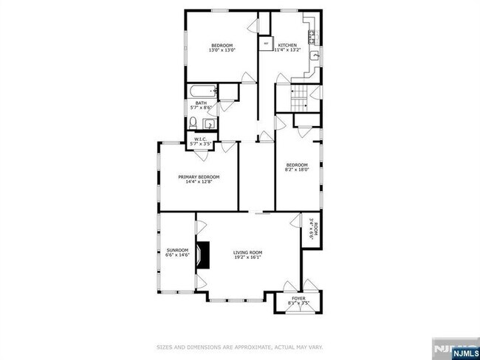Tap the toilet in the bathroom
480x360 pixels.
coord(193,122)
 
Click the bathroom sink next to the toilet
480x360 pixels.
coord(208,123)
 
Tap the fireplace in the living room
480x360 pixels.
coord(203,255)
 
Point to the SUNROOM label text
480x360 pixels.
coord(177,251)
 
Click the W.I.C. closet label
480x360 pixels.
coord(199,139)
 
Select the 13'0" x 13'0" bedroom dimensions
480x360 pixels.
coord(222,50)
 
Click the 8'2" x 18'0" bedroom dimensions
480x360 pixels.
coord(297,169)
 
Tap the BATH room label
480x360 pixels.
coord(201,103)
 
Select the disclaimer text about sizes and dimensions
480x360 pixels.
coord(240,347)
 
